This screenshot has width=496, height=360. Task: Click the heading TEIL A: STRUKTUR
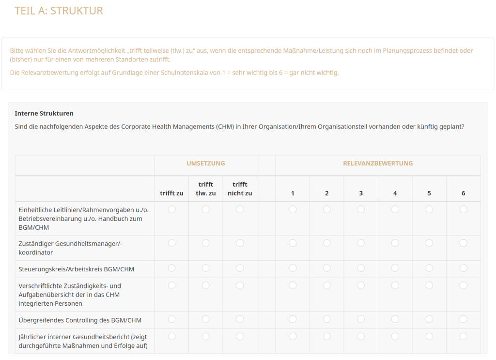[x=59, y=11]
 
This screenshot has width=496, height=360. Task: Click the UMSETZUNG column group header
[x=205, y=164]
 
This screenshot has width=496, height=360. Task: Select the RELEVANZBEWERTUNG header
[x=378, y=164]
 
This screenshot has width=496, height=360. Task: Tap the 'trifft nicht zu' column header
[x=240, y=189]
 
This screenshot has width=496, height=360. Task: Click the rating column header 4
[x=395, y=193]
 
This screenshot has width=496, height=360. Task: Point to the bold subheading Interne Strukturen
[x=44, y=113]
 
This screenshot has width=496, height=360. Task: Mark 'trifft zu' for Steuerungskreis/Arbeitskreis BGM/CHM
[x=171, y=268]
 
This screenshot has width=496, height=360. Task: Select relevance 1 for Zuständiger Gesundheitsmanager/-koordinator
[x=293, y=243]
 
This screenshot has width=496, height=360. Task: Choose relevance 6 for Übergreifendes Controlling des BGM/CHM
[x=464, y=319]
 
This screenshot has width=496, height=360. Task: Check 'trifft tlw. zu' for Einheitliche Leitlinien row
[x=206, y=209]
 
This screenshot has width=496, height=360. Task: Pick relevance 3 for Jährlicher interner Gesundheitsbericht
[x=361, y=336]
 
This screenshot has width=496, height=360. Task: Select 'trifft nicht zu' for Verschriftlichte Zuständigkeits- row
[x=240, y=285]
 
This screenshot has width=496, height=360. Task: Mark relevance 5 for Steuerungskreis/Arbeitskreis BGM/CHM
[x=429, y=268]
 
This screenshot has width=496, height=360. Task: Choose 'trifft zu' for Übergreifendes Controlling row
[x=171, y=319]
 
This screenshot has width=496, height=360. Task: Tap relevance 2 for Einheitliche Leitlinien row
[x=327, y=209]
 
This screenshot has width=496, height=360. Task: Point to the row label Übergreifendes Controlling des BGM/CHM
[x=80, y=320]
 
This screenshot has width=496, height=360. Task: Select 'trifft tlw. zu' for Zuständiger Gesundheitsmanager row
[x=206, y=243]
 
